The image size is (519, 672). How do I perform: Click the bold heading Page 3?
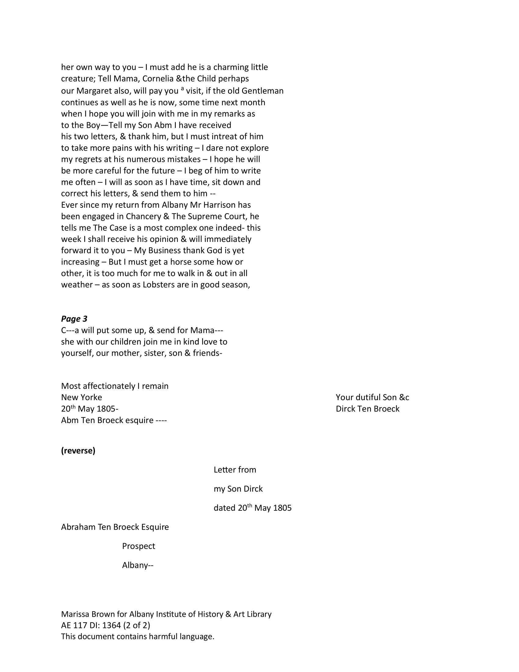[74, 319]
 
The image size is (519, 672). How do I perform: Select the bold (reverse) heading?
[78, 451]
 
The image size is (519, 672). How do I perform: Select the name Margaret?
[94, 91]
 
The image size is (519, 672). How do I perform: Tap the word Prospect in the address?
[138, 546]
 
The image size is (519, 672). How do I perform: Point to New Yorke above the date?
[82, 397]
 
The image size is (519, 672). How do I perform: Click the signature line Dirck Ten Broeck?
[367, 409]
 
